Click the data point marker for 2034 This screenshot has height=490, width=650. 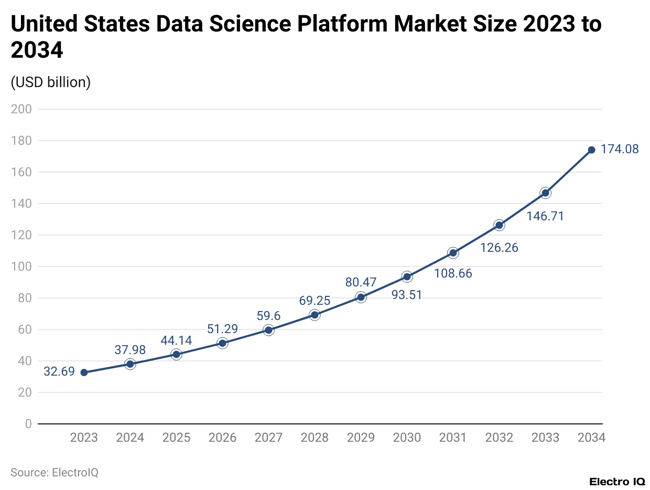tap(591, 150)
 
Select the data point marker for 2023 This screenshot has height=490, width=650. tap(84, 372)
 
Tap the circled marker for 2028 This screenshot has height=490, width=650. tap(315, 315)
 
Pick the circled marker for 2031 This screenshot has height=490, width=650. tap(453, 253)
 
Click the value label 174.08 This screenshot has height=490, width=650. tap(620, 149)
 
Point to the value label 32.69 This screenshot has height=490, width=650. tap(59, 372)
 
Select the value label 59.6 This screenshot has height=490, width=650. tap(268, 316)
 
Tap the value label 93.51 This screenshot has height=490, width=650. tap(407, 295)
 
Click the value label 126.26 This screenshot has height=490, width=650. tap(499, 248)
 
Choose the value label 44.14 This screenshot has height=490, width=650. tap(176, 340)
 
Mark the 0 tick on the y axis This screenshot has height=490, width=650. tap(28, 424)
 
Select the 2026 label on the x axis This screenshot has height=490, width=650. tap(222, 438)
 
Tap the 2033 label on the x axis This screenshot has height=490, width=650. tap(545, 438)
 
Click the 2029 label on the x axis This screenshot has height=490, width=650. tap(361, 438)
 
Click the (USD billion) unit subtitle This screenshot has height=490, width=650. tap(51, 82)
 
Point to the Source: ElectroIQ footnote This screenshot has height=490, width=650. tap(55, 472)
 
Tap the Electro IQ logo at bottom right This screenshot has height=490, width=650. tap(617, 482)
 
